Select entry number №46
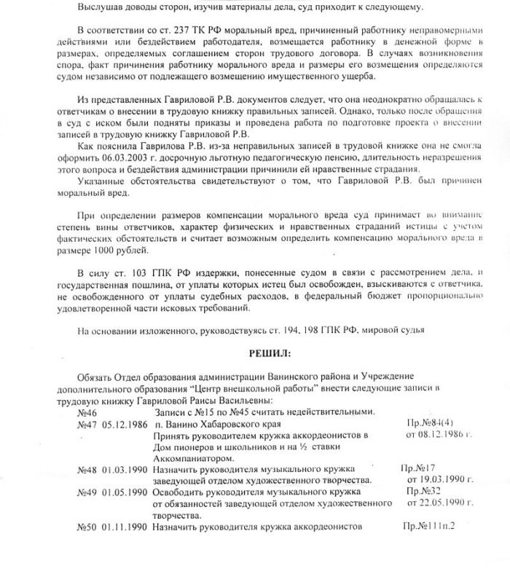(87, 412)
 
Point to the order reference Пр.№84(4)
(423, 422)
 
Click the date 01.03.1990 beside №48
(126, 471)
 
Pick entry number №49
(87, 493)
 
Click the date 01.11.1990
(126, 527)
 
